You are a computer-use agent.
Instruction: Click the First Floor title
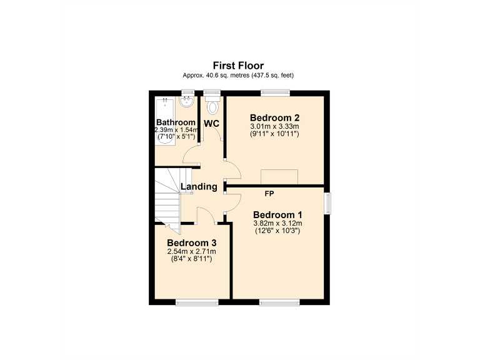point(238,65)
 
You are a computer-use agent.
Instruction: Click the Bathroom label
point(176,122)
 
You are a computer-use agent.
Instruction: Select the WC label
point(211,123)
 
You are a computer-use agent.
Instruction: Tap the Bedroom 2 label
point(274,117)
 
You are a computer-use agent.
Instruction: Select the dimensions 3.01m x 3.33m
point(274,126)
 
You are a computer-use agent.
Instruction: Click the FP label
point(269,194)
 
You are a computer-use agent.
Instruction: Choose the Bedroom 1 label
point(277,214)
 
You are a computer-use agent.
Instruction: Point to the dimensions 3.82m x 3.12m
point(277,223)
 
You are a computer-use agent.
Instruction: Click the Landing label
point(199,186)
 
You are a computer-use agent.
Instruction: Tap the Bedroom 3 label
point(191,243)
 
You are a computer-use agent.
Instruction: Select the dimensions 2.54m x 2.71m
point(191,252)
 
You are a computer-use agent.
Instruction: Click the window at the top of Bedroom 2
point(274,93)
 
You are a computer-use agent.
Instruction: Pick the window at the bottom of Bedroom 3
point(197,303)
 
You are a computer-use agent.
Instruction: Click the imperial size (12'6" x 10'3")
point(277,231)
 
